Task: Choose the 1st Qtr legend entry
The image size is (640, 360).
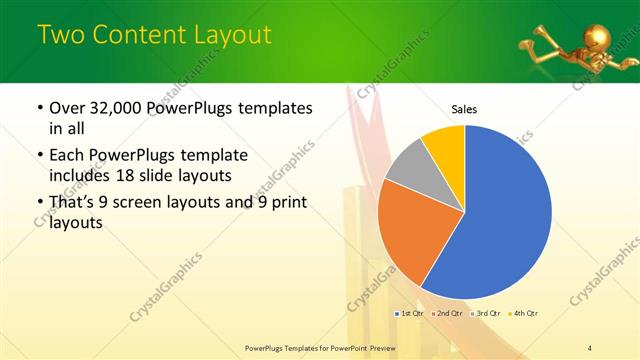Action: (410, 314)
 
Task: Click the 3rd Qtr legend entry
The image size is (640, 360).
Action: (487, 314)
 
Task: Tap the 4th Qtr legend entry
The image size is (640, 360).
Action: (525, 314)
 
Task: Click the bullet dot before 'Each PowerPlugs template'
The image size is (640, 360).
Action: (39, 157)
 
